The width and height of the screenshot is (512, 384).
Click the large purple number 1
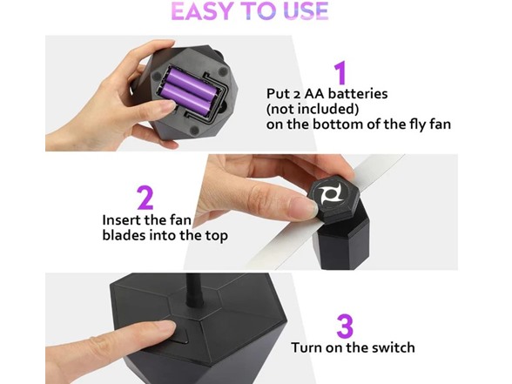point(340,72)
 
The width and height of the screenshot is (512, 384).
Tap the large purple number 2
point(145,198)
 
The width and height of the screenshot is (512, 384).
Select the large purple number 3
point(345,327)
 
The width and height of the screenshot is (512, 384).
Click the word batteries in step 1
point(358,94)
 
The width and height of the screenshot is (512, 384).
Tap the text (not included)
point(313,109)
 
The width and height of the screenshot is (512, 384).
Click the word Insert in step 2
point(121,219)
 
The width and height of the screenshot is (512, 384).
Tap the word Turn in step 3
point(307,347)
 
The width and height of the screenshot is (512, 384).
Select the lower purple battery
point(186,98)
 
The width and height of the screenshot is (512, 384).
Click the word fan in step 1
point(441,125)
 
